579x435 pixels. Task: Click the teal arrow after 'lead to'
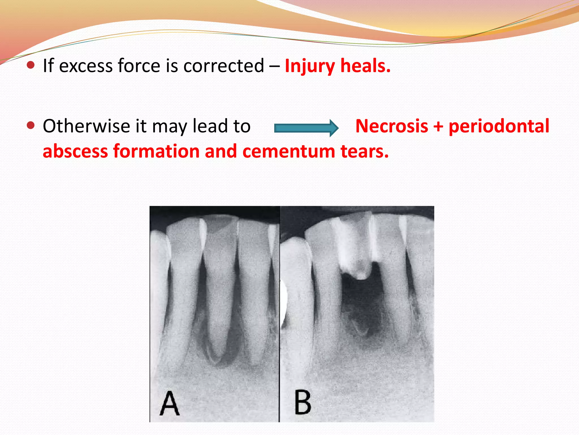(x=306, y=128)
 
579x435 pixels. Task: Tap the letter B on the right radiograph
(x=303, y=402)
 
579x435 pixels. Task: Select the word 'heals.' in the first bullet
(x=365, y=66)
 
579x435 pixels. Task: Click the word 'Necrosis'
(x=392, y=126)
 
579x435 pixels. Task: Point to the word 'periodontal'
(x=499, y=126)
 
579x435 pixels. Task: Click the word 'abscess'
(x=75, y=151)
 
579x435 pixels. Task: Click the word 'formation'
(x=156, y=151)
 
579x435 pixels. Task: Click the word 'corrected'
(x=224, y=66)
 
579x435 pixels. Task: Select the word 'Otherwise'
(x=86, y=126)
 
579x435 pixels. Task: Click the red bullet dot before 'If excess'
(x=31, y=65)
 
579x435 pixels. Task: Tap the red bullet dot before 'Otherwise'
(x=31, y=125)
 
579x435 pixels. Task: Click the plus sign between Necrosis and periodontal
(x=438, y=127)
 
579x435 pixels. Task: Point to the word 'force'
(x=139, y=66)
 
